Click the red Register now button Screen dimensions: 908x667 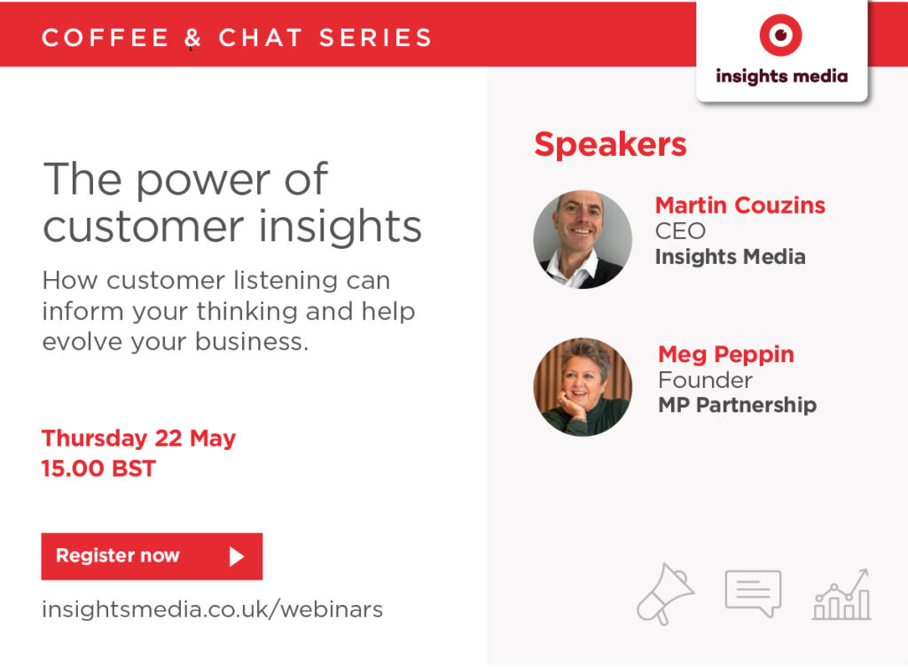(x=152, y=556)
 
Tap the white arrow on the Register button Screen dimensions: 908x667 (x=236, y=556)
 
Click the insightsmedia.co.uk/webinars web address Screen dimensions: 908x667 (x=212, y=609)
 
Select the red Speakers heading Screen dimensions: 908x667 (x=610, y=144)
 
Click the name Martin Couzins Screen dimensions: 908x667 (x=740, y=205)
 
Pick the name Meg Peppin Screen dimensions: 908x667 (x=726, y=354)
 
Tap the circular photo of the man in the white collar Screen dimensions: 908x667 (x=583, y=239)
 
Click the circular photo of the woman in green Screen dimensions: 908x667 (x=583, y=387)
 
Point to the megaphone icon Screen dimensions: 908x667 (x=665, y=594)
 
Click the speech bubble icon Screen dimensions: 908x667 (x=753, y=593)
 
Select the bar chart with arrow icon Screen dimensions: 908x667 (x=841, y=594)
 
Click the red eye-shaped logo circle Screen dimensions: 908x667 (x=780, y=35)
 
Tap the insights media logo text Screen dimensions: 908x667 (x=782, y=76)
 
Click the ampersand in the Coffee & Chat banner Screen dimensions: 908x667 (x=192, y=37)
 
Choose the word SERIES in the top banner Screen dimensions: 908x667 (x=375, y=37)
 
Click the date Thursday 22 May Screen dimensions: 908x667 (x=138, y=438)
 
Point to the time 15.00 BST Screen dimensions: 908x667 (x=98, y=468)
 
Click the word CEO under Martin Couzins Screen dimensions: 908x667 (x=680, y=231)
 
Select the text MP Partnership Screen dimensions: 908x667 (x=737, y=405)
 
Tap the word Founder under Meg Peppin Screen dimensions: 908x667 (x=705, y=380)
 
